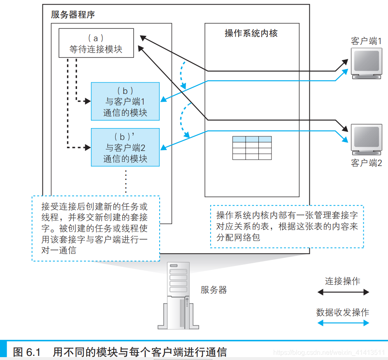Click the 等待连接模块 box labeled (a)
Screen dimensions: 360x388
click(x=96, y=44)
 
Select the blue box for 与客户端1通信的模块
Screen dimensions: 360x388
click(x=125, y=101)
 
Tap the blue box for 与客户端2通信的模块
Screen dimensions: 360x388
click(x=125, y=147)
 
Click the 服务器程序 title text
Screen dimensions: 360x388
click(x=73, y=15)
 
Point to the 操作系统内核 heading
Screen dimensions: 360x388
click(x=251, y=33)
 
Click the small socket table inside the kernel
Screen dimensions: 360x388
click(x=252, y=148)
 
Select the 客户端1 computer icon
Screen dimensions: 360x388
click(x=365, y=63)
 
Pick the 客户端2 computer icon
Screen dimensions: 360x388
click(x=365, y=139)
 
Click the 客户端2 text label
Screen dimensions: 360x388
click(x=366, y=163)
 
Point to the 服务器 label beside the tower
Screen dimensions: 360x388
click(x=214, y=290)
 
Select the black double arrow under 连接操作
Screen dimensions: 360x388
click(x=343, y=292)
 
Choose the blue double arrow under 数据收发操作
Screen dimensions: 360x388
click(x=343, y=323)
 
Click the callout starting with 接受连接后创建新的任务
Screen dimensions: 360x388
click(x=95, y=228)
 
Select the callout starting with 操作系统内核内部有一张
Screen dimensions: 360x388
click(x=287, y=226)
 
